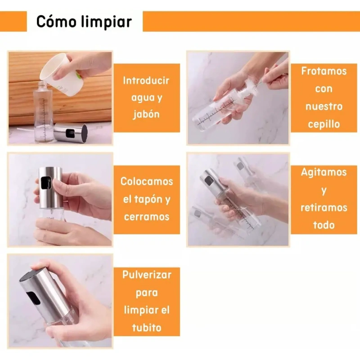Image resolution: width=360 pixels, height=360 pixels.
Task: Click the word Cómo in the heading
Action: [x=56, y=22]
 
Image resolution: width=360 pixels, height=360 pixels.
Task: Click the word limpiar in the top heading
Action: [x=107, y=22]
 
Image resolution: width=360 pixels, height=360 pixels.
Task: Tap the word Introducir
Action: [x=146, y=81]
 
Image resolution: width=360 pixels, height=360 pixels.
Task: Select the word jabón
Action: [x=146, y=115]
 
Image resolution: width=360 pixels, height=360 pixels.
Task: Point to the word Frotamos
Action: [x=324, y=71]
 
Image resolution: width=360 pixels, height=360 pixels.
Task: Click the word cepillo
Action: [x=324, y=125]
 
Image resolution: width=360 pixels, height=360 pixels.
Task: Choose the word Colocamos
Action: [x=147, y=181]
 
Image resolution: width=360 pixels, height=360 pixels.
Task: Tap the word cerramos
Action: [x=147, y=217]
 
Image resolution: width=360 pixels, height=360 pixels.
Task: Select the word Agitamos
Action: [x=324, y=173]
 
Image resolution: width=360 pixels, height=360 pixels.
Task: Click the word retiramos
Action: [x=324, y=207]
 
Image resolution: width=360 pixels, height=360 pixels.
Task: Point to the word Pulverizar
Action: [x=147, y=275]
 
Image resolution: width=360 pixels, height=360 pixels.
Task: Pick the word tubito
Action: [x=147, y=328]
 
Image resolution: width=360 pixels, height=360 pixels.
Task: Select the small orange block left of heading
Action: [x=13, y=21]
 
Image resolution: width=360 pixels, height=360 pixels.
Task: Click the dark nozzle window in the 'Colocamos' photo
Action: [x=46, y=183]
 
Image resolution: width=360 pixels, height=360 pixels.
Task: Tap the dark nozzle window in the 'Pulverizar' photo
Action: [x=33, y=298]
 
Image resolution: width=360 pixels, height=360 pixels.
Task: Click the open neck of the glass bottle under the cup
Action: [x=42, y=83]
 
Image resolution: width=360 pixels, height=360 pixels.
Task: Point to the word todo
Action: [x=324, y=225]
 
